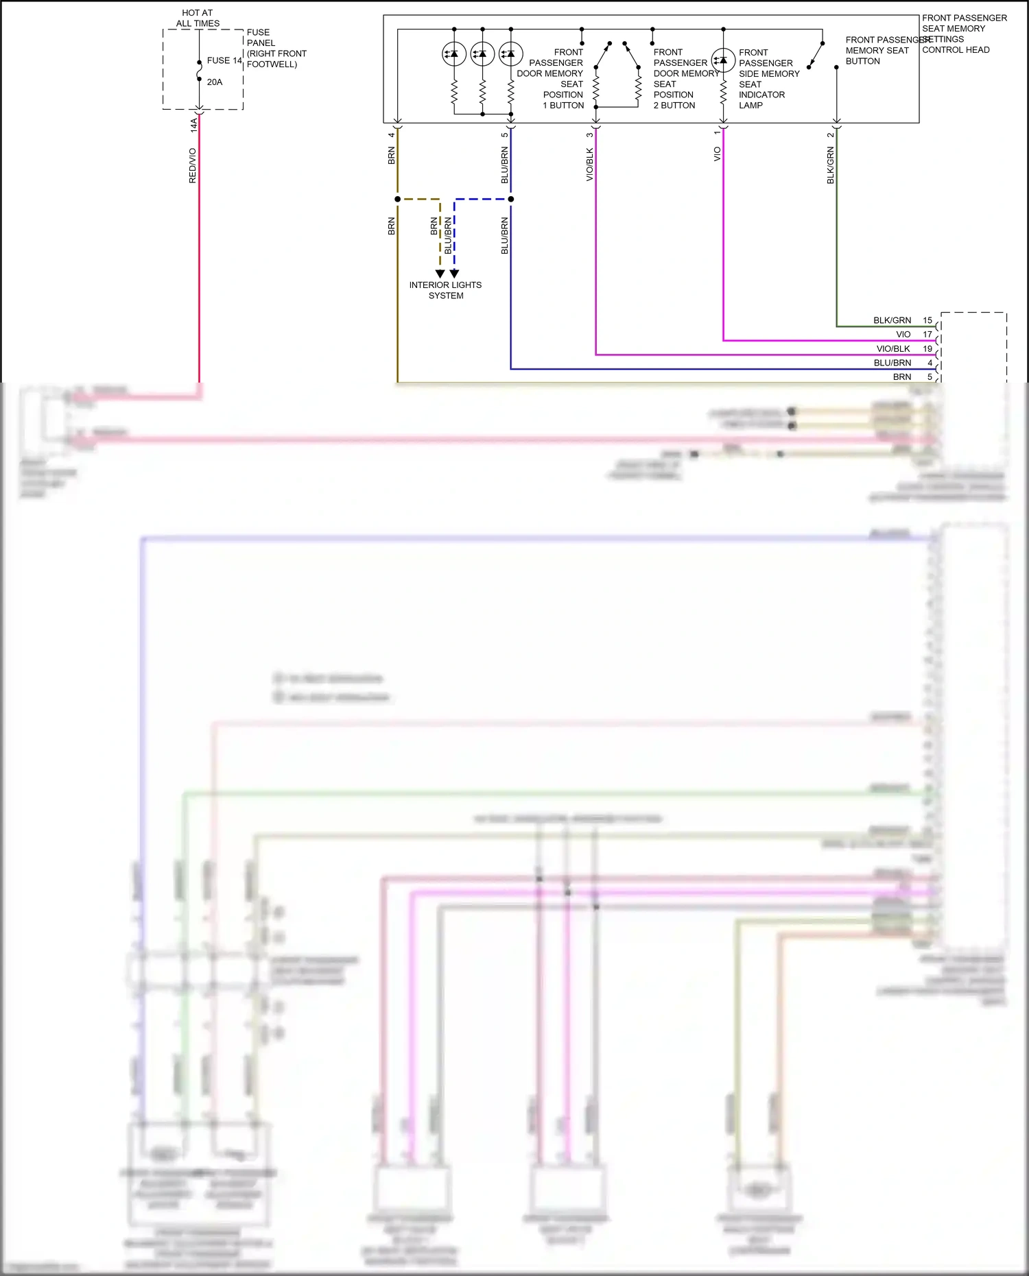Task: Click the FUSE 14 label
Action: click(224, 60)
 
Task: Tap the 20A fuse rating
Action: click(215, 82)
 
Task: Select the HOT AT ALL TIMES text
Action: click(198, 18)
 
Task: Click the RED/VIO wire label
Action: click(193, 165)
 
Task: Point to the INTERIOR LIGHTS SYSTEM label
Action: click(446, 290)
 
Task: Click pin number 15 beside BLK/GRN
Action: click(927, 320)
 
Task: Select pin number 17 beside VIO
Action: click(927, 335)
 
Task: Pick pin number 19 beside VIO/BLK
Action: click(927, 349)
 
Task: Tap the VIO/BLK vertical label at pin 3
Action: click(590, 165)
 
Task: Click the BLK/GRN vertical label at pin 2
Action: click(831, 166)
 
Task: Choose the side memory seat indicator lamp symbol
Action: click(723, 61)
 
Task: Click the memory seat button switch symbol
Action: click(816, 55)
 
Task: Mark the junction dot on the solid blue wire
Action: click(511, 200)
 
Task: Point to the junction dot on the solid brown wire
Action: click(397, 200)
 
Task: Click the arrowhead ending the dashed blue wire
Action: click(454, 274)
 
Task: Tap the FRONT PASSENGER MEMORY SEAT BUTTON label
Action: click(878, 51)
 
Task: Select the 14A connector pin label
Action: click(193, 125)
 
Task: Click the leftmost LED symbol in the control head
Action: click(454, 53)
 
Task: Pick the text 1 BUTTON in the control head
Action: click(563, 106)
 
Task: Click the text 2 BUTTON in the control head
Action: click(674, 106)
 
